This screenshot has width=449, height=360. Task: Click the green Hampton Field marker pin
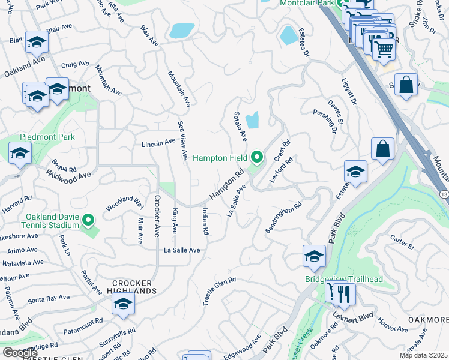[258, 158]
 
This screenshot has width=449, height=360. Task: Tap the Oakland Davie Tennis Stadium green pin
[89, 221]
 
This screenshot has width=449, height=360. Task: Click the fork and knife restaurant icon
[344, 295]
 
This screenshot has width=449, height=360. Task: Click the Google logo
[20, 353]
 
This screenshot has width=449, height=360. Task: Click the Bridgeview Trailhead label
[343, 279]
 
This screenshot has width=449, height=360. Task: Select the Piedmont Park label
[47, 137]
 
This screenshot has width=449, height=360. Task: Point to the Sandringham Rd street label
[283, 218]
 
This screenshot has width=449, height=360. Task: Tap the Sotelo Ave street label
[240, 126]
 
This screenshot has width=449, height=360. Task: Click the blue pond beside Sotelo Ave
[253, 120]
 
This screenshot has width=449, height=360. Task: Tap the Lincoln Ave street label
[158, 143]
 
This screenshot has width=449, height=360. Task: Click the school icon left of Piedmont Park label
[20, 153]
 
